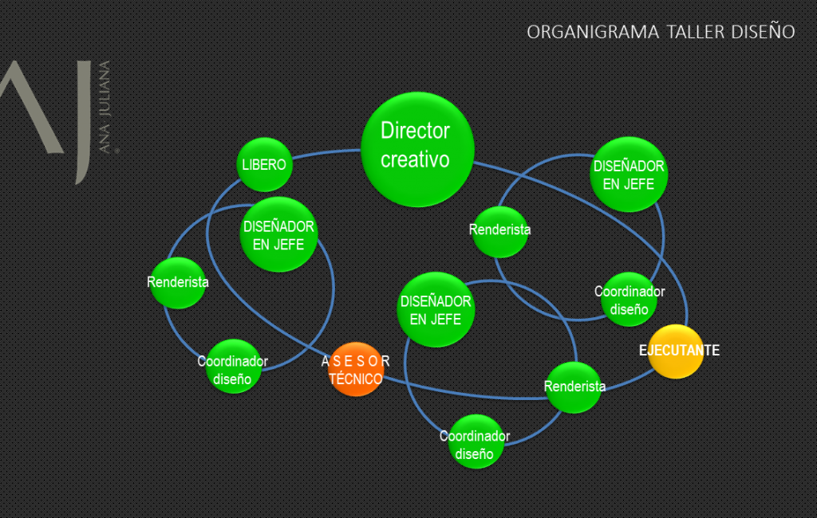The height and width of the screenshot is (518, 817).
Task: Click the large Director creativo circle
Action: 417,149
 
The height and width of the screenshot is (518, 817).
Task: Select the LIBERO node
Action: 264,165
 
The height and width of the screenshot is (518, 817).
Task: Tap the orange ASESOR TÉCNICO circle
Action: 357,369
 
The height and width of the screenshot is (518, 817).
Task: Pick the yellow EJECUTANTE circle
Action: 676,351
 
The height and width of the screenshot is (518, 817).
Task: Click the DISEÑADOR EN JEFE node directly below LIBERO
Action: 278,234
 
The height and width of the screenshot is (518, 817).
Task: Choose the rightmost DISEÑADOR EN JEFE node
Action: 629,175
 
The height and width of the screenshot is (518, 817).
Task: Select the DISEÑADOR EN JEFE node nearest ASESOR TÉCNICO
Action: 435,310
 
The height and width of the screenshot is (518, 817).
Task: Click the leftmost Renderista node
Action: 178,282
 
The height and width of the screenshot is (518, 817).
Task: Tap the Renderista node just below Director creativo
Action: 500,231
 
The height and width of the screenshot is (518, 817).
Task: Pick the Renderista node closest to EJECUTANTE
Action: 574,387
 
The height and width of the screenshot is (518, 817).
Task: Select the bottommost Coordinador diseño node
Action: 475,444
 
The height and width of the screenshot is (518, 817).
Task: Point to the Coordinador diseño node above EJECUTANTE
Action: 629,300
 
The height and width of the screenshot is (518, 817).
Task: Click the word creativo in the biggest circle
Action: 415,160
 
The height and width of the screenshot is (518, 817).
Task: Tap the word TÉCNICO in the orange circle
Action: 356,379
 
